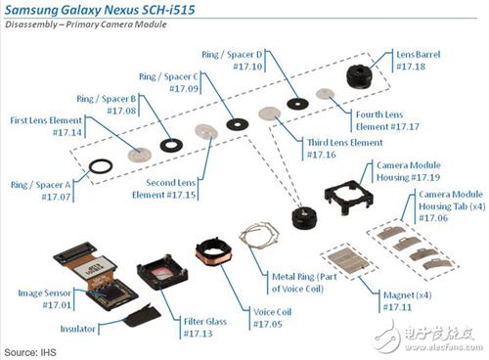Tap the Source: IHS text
(30, 350)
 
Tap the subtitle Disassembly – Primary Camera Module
(88, 28)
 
